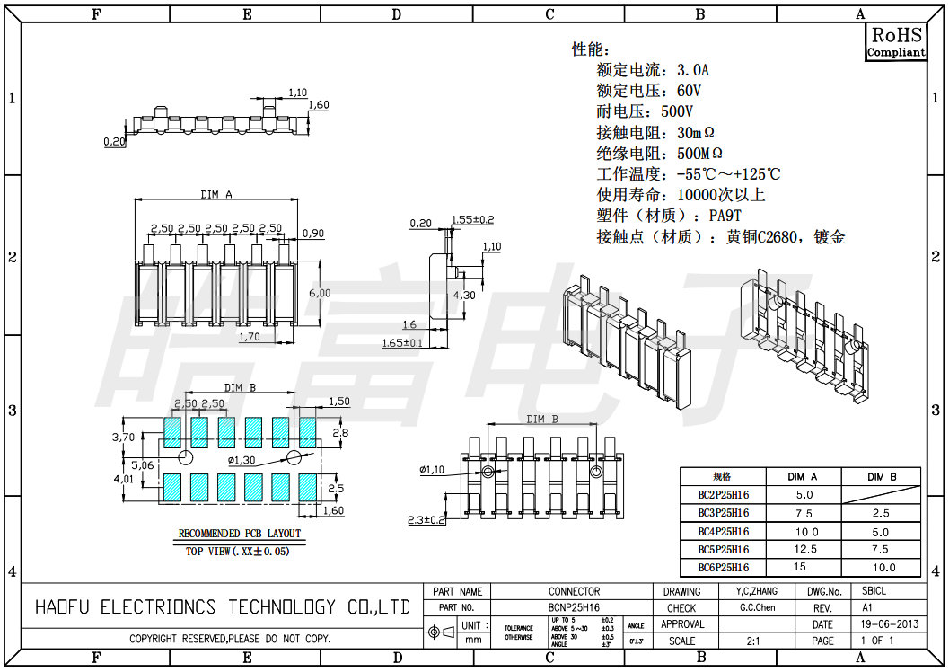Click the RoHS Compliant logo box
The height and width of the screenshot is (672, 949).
point(895,42)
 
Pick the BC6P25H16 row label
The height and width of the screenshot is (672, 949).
point(723,567)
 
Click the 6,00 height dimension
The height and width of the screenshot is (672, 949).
point(320,293)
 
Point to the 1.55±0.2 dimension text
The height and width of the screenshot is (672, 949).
point(472,219)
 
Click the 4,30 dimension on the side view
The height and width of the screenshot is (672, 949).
point(464,295)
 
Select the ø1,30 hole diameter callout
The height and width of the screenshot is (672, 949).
point(242,460)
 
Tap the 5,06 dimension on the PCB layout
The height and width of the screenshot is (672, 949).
point(142,465)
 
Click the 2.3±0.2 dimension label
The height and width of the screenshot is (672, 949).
point(426,519)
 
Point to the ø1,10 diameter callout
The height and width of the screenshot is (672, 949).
point(433,469)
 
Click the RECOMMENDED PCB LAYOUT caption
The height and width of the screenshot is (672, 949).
point(240,534)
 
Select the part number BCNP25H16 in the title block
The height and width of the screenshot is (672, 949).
point(574,607)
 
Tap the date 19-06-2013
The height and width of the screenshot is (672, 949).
point(889,624)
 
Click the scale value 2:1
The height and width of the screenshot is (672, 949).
point(754,641)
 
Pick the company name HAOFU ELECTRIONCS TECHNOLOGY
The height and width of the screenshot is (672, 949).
point(222,607)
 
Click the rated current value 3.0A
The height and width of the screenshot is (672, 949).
point(693,70)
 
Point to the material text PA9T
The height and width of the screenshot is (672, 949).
point(725,216)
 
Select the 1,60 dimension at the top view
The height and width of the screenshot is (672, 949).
point(319,105)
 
